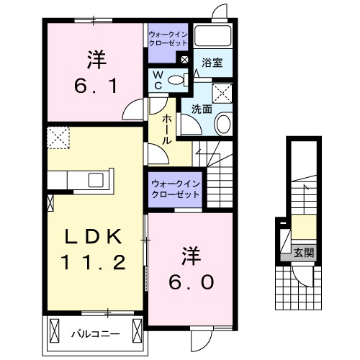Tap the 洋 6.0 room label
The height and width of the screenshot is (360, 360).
click(191, 266)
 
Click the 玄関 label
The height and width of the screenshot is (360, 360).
click(303, 252)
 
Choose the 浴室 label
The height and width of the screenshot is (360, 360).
click(212, 63)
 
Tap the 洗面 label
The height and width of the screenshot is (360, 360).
click(202, 110)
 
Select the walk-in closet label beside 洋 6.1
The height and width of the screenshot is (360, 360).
click(167, 37)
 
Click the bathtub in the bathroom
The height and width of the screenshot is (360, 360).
click(212, 38)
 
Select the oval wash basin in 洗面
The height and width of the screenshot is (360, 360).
click(222, 124)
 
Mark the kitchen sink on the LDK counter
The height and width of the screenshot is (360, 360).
click(96, 180)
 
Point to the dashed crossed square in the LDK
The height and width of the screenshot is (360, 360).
click(55, 135)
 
